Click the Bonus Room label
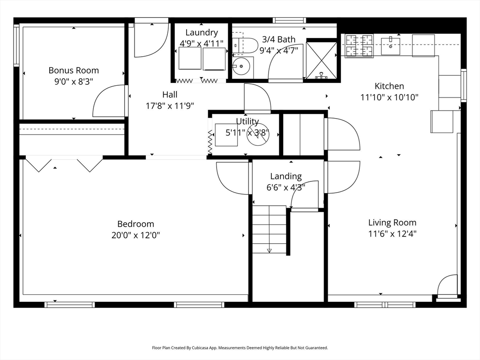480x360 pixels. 74,70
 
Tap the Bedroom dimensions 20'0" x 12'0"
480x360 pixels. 135,235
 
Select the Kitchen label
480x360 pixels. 389,86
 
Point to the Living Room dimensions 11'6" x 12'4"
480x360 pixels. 392,233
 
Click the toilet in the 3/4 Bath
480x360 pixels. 247,45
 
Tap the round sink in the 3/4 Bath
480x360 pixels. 242,67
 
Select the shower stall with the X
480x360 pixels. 321,60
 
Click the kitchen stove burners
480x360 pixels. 359,45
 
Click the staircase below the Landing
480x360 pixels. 270,229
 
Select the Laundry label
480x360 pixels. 202,32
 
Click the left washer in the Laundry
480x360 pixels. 190,58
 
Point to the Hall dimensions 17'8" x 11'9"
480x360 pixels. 170,106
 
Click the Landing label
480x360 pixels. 286,176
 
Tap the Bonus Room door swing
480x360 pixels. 109,102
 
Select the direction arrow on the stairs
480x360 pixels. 269,250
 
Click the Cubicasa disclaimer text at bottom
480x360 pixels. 240,348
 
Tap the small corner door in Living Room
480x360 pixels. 447,285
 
